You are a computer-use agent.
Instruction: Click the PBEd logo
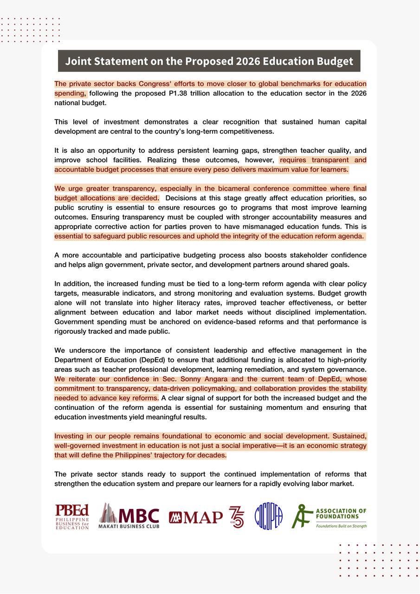pos(72,517)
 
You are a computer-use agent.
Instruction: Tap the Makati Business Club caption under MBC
pos(129,526)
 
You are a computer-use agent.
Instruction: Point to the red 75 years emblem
pos(236,517)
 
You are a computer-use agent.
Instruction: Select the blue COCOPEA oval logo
pos(268,517)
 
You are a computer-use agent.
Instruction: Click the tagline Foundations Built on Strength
pos(341,526)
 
